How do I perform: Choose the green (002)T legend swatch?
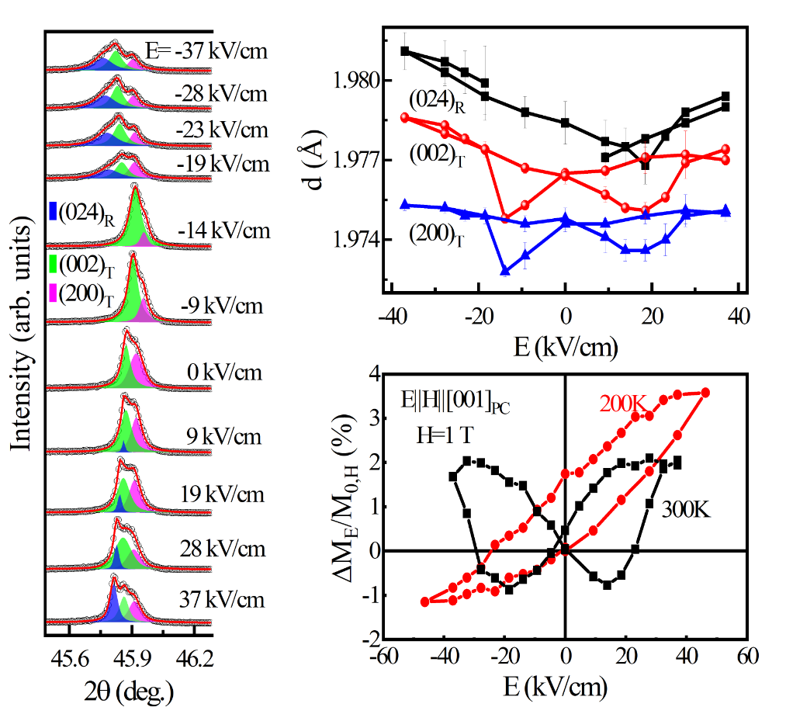coord(53,261)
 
